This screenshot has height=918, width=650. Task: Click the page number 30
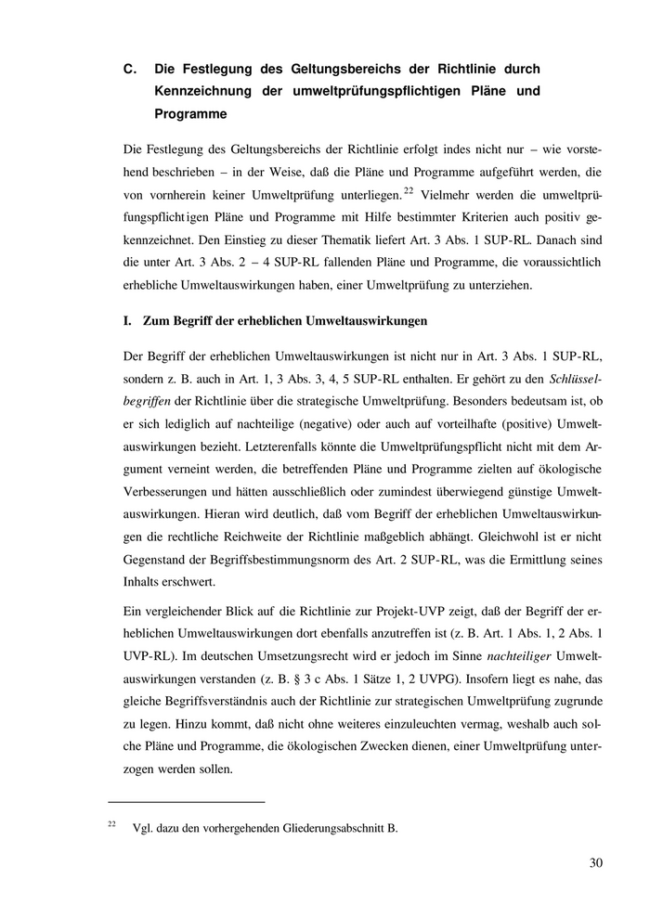point(596,862)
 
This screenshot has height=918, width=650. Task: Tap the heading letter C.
point(129,70)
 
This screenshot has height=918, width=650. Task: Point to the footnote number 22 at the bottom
point(111,823)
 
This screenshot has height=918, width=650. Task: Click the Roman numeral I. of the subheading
point(127,321)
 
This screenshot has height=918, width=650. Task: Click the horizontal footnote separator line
point(187,800)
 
